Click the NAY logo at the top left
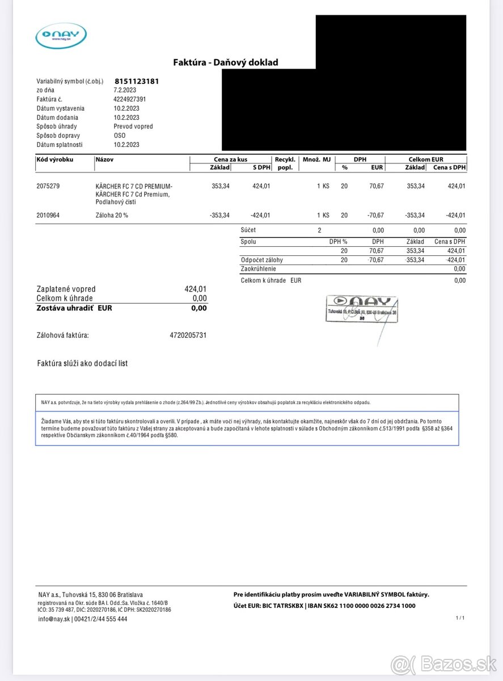coord(61,36)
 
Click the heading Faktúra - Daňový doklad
coord(226,62)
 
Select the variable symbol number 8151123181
coord(136,81)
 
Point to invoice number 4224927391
coord(130,99)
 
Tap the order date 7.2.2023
coord(125,90)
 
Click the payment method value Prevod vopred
coord(133,127)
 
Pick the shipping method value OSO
coord(120,136)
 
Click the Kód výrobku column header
coord(54,160)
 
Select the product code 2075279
coord(48,186)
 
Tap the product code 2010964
coord(48,215)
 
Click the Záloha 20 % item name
coord(112,215)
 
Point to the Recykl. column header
coord(285,160)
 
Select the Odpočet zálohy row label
coord(261,260)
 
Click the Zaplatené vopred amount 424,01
coord(196,289)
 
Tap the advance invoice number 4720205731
coord(188,335)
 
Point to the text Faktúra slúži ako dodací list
coord(82,363)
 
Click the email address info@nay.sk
coord(54,619)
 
